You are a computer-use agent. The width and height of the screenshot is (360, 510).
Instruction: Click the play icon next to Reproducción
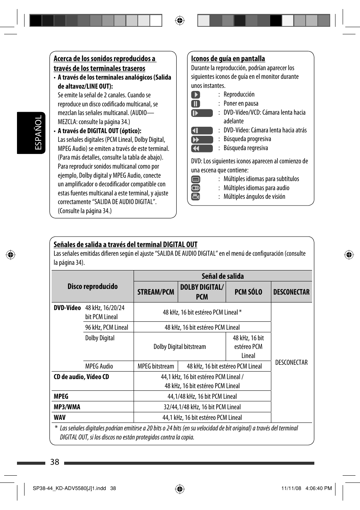pyautogui.click(x=195, y=95)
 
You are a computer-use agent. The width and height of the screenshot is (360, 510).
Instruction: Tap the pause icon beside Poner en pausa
pyautogui.click(x=195, y=104)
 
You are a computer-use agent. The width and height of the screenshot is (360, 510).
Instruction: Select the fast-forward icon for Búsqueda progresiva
pyautogui.click(x=202, y=140)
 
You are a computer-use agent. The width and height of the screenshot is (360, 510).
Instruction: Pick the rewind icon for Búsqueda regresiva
pyautogui.click(x=202, y=148)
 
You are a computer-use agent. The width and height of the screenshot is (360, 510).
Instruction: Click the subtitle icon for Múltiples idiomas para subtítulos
pyautogui.click(x=195, y=179)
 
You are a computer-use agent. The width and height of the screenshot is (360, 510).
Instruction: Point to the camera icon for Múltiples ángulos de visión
pyautogui.click(x=195, y=197)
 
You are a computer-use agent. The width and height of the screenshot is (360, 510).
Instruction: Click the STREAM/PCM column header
pyautogui.click(x=155, y=292)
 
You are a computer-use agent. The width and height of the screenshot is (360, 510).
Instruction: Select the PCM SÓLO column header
pyautogui.click(x=248, y=292)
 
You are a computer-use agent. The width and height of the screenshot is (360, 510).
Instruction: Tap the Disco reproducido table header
pyautogui.click(x=92, y=286)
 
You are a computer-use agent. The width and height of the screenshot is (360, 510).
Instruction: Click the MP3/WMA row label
pyautogui.click(x=67, y=407)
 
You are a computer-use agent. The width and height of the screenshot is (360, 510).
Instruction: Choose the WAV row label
pyautogui.click(x=60, y=418)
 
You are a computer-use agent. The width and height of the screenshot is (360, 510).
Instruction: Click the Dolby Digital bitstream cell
pyautogui.click(x=180, y=347)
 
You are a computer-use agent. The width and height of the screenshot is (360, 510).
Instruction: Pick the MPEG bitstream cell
pyautogui.click(x=156, y=366)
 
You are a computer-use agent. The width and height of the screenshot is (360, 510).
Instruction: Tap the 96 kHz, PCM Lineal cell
pyautogui.click(x=106, y=327)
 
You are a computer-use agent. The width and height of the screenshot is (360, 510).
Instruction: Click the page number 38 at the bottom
pyautogui.click(x=55, y=462)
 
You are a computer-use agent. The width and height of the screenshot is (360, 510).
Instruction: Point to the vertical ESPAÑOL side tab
pyautogui.click(x=31, y=133)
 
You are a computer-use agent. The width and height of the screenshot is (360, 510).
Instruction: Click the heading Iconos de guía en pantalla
pyautogui.click(x=228, y=59)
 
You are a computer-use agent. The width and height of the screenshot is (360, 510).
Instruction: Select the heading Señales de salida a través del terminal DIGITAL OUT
pyautogui.click(x=125, y=244)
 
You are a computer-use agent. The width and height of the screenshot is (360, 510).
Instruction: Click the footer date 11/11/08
pyautogui.click(x=291, y=488)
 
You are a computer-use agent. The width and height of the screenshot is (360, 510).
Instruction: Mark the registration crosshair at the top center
pyautogui.click(x=180, y=20)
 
